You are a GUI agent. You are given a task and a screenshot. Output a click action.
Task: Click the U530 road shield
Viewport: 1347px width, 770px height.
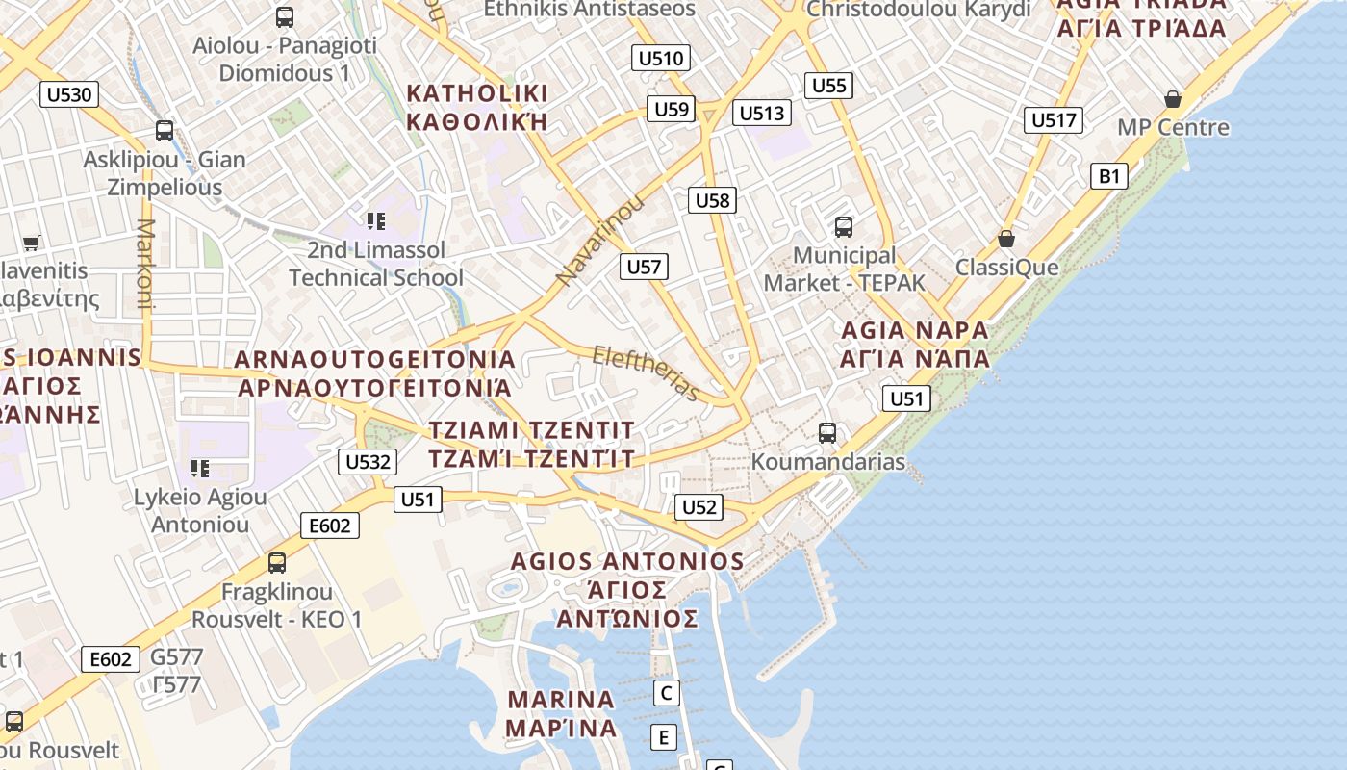[x=69, y=94]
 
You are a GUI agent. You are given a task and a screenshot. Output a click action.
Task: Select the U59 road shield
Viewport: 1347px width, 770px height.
[x=671, y=109]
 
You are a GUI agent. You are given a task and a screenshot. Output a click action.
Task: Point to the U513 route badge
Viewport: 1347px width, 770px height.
[x=762, y=114]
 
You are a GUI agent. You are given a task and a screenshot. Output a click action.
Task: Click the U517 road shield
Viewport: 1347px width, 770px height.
[x=1053, y=120]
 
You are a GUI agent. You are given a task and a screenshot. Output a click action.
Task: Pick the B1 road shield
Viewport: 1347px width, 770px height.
[x=1109, y=176]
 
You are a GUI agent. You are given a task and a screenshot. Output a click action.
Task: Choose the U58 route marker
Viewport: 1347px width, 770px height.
[x=713, y=200]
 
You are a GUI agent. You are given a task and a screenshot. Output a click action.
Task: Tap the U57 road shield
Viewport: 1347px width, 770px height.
[x=644, y=267]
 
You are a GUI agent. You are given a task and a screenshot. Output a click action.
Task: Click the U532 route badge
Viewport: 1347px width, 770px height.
[x=368, y=462]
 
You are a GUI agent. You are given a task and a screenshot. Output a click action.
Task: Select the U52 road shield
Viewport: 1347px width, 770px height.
[x=699, y=507]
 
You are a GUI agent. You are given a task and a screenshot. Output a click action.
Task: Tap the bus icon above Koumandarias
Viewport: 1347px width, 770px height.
[x=827, y=433]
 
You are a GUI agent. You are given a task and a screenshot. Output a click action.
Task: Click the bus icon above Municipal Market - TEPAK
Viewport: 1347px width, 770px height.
[x=844, y=227]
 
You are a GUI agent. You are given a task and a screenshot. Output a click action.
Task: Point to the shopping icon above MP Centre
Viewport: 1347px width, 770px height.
[x=1173, y=99]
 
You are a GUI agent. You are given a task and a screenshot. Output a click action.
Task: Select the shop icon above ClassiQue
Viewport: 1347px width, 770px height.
[x=1006, y=239]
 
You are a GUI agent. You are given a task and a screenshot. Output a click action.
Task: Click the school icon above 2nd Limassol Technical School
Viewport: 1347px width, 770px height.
[x=376, y=221]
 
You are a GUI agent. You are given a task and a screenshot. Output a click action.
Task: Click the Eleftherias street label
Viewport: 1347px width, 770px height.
[x=646, y=372]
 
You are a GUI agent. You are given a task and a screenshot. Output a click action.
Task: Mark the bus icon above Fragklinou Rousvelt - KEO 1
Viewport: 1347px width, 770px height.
[x=277, y=563]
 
